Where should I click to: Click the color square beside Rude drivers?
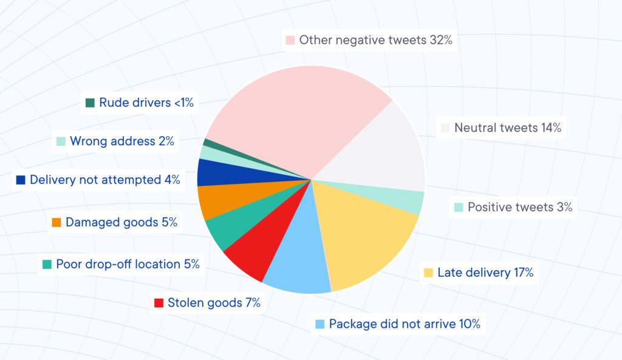click(x=90, y=103)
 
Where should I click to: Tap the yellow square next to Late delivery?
click(x=428, y=273)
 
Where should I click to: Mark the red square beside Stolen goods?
click(x=159, y=303)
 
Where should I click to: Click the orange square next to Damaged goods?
click(x=56, y=223)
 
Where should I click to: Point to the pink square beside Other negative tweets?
click(x=290, y=41)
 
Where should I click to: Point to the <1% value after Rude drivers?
click(x=183, y=103)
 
